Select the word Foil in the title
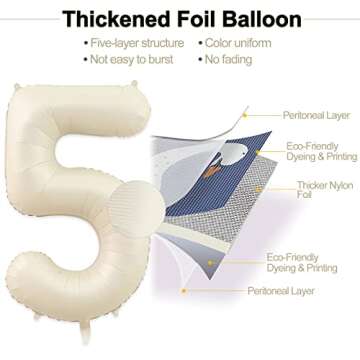click(195, 19)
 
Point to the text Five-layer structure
click(138, 44)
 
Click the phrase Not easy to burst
click(131, 60)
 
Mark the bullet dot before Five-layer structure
click(85, 44)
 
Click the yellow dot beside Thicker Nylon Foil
click(289, 187)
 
